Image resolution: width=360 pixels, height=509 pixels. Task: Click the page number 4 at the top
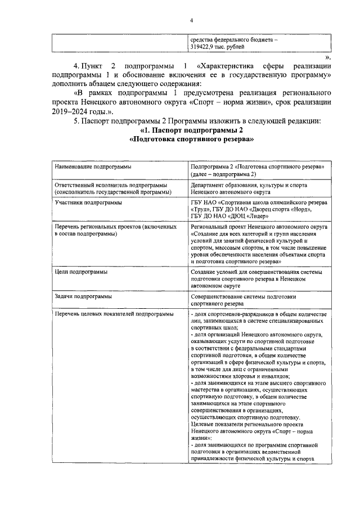191,21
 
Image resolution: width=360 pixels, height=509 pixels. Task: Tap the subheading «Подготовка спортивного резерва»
191,141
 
